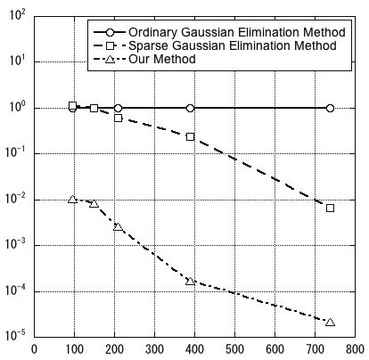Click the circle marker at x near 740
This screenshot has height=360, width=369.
pyautogui.click(x=330, y=108)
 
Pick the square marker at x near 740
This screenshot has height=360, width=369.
pyautogui.click(x=330, y=208)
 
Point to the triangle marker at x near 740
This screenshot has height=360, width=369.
pyautogui.click(x=330, y=322)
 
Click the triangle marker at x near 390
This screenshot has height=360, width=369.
pyautogui.click(x=190, y=281)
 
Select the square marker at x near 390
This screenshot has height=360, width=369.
pyautogui.click(x=190, y=136)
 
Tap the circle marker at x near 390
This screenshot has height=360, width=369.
pyautogui.click(x=190, y=108)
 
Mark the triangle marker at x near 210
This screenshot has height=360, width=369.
pyautogui.click(x=118, y=226)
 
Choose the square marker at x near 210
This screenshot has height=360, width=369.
pyautogui.click(x=118, y=118)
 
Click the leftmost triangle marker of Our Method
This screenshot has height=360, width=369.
pyautogui.click(x=72, y=199)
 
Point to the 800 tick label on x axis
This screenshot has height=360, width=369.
pyautogui.click(x=354, y=349)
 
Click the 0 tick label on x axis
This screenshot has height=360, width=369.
pyautogui.click(x=34, y=349)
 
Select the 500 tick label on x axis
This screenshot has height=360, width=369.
pyautogui.click(x=234, y=349)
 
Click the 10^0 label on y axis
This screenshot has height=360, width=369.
pyautogui.click(x=16, y=107)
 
